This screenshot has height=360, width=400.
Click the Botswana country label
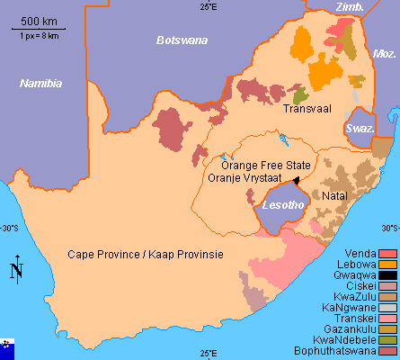[x=182, y=40]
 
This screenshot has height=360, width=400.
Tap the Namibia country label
[x=41, y=83]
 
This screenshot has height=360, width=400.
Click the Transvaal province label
[x=307, y=109]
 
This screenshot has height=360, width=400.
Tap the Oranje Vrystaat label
[x=244, y=178]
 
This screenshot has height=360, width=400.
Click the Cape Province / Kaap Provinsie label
[x=146, y=255]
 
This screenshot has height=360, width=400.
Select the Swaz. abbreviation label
[x=360, y=130]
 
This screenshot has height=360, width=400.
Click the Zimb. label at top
[x=349, y=7]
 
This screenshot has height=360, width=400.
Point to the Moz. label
[x=385, y=54]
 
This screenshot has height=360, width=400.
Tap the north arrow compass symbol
[x=16, y=269]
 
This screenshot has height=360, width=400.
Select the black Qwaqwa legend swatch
[x=387, y=275]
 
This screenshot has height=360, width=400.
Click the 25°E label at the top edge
[x=209, y=7]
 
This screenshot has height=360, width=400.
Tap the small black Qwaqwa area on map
[x=297, y=180]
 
